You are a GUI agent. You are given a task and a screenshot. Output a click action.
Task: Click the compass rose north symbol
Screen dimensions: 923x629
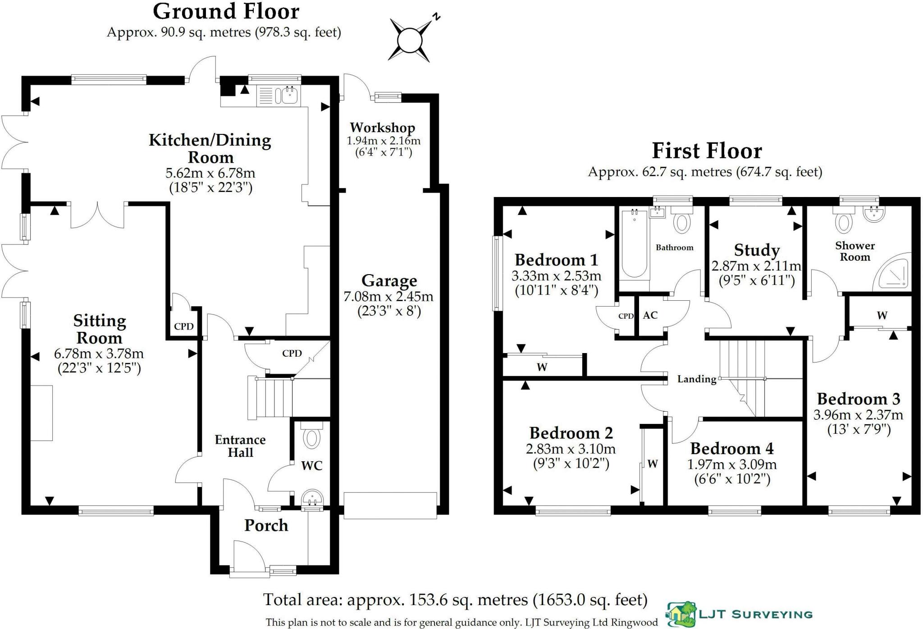tap(410, 40)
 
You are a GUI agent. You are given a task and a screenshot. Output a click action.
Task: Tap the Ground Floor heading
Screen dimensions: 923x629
tap(226, 11)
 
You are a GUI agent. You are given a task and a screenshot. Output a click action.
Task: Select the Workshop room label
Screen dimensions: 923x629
tap(383, 128)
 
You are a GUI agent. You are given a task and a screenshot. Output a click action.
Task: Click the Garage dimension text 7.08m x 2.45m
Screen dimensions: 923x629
tap(388, 297)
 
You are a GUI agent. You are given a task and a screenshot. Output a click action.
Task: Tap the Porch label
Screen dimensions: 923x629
tap(266, 525)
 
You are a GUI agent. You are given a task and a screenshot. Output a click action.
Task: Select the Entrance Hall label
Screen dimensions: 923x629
tap(240, 446)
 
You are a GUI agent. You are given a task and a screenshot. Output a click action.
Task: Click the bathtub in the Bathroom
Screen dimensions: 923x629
tap(634, 243)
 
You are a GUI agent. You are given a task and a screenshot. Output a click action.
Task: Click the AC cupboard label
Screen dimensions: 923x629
tap(650, 316)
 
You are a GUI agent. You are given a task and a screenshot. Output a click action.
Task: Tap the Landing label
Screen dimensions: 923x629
tap(697, 379)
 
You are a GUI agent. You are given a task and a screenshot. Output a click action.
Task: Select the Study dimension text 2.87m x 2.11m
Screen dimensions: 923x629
tap(756, 266)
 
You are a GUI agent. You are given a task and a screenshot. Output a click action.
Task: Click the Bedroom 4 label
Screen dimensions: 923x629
tap(732, 449)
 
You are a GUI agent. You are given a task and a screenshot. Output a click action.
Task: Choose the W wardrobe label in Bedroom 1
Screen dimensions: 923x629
tap(542, 367)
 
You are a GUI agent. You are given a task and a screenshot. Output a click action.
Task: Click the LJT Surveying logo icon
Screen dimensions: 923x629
tap(681, 614)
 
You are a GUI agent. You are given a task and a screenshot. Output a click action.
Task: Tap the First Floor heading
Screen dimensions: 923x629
tap(707, 151)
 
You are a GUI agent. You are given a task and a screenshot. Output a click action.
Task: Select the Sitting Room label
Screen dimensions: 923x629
tap(99, 329)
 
